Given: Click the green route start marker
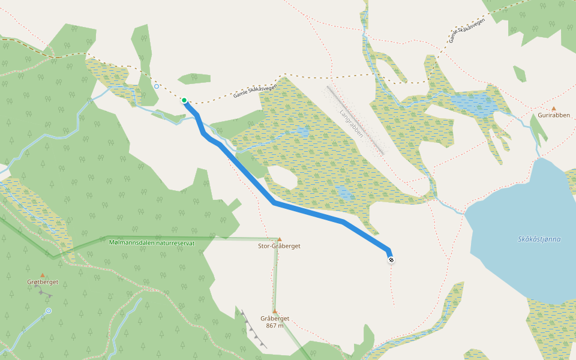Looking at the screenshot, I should (x=184, y=100).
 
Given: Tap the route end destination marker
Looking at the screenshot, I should (x=391, y=260).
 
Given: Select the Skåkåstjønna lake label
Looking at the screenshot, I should (x=539, y=239).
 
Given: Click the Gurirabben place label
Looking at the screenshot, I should (x=553, y=115).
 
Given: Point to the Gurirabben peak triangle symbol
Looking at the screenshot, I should (x=553, y=109).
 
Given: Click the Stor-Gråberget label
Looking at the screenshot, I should (x=279, y=246).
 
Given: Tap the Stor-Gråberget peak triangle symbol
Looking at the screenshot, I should (x=279, y=239).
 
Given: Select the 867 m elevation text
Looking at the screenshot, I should (x=275, y=326).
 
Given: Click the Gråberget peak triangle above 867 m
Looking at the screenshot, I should (x=275, y=311).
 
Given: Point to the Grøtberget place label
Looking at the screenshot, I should (x=42, y=282).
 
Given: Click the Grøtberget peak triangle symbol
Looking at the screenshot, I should (x=42, y=275).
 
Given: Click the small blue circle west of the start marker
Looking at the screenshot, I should (x=157, y=86).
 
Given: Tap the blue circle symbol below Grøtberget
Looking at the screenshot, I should (x=49, y=311).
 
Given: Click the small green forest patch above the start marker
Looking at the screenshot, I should (x=194, y=79).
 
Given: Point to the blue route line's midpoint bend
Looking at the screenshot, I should (x=274, y=203).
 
